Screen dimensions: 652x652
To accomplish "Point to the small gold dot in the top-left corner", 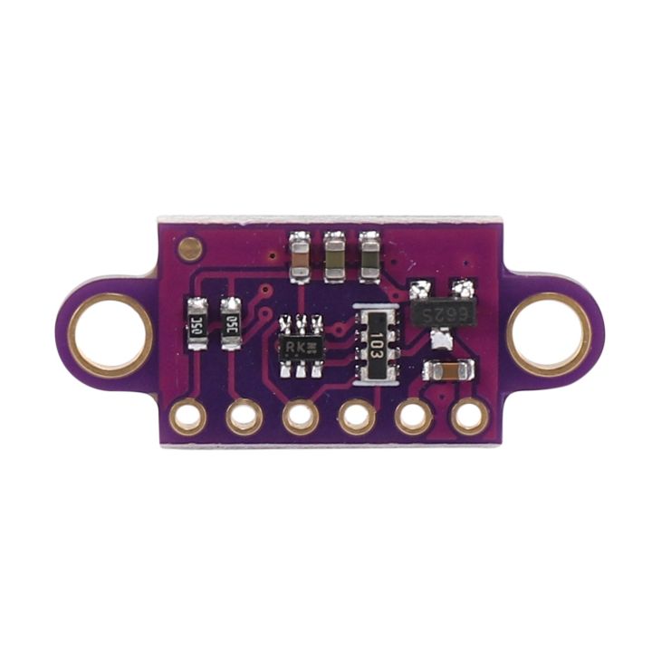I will click(190, 245).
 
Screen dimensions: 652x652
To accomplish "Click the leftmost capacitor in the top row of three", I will click(300, 255).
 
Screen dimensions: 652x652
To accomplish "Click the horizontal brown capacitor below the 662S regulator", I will click(448, 370).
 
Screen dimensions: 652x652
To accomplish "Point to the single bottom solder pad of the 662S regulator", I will click(441, 340).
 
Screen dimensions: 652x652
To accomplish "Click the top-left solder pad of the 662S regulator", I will click(419, 291).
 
